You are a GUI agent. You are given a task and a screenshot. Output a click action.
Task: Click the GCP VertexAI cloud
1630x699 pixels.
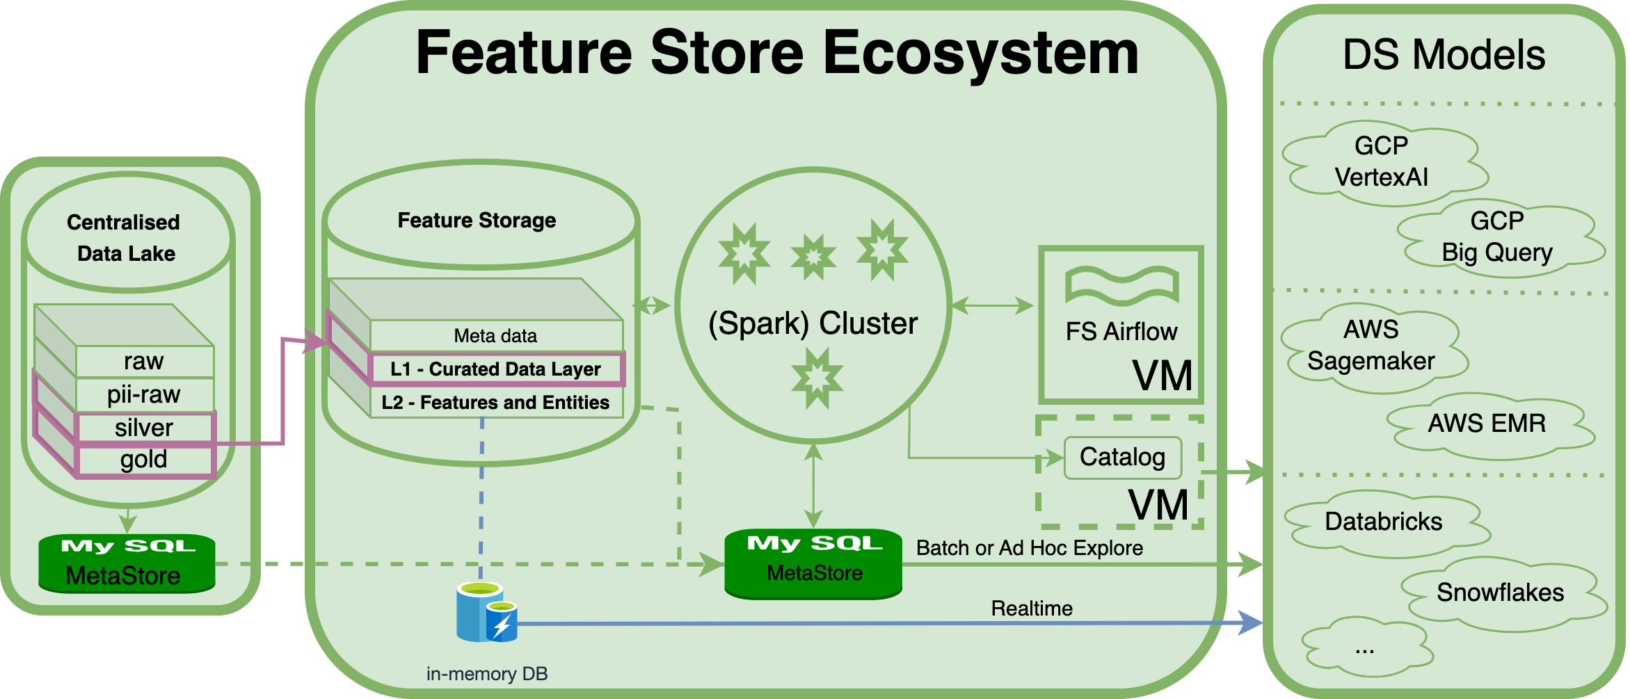point(1382,162)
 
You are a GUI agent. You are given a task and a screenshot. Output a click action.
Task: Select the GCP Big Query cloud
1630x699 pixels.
point(1497,237)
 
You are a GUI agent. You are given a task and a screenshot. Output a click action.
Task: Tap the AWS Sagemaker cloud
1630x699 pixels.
point(1371,346)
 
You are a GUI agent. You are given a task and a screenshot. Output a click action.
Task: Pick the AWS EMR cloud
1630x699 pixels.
point(1487,424)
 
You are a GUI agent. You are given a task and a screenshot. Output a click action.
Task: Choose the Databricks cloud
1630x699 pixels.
point(1383,522)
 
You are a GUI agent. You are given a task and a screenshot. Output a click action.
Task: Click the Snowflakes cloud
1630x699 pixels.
point(1500,593)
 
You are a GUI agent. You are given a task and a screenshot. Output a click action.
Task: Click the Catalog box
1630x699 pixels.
point(1122,458)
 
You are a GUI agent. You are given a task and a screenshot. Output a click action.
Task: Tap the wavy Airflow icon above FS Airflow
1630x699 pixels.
point(1121,285)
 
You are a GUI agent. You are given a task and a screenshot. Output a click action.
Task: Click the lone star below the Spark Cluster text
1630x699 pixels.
point(817,378)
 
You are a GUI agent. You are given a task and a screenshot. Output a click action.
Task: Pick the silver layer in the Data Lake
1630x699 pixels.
point(144,428)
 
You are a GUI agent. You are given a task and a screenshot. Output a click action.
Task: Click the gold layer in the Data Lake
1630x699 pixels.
point(144,460)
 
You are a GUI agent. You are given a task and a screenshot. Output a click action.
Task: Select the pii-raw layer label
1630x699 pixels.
point(144,395)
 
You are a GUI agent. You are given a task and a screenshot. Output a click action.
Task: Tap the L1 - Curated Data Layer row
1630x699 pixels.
point(495,369)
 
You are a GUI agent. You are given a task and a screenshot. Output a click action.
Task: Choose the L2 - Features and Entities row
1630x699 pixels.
point(495,403)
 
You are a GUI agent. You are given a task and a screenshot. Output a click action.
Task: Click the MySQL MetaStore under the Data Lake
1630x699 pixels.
point(126,563)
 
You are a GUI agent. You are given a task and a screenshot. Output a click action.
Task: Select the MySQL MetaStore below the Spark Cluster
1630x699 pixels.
point(813,563)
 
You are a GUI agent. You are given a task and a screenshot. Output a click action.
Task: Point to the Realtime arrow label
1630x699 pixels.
point(1032,609)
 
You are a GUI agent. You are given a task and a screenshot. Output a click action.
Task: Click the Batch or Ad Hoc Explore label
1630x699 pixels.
point(1030,548)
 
